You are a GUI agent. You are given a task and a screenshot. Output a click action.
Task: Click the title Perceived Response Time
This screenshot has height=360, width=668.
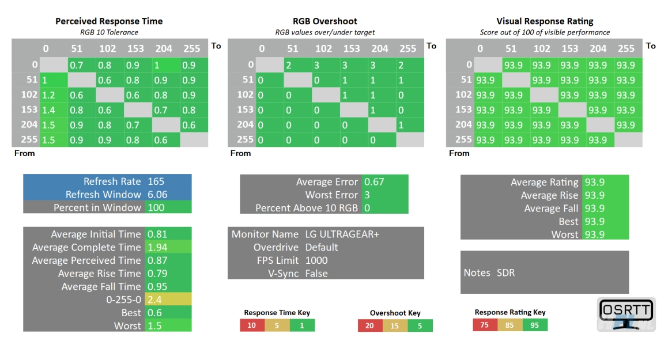(109, 21)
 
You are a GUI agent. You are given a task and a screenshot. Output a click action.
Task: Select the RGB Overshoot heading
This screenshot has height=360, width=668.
(326, 21)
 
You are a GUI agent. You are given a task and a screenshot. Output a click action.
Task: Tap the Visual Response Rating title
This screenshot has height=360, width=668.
(545, 21)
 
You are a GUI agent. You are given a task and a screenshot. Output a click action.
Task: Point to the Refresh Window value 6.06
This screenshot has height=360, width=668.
(157, 195)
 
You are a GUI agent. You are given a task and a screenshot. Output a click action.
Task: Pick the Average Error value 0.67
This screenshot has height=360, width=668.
(374, 182)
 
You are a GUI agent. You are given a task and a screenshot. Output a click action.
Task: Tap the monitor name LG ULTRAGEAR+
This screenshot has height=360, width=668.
(342, 234)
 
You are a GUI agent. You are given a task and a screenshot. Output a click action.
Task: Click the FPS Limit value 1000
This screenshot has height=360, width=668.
(317, 260)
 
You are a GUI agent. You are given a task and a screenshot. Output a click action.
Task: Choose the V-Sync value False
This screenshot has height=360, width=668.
(316, 274)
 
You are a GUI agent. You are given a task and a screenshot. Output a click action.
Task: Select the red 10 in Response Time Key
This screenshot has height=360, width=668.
(251, 325)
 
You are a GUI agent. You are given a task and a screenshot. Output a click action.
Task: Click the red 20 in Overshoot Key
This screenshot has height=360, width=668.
(369, 325)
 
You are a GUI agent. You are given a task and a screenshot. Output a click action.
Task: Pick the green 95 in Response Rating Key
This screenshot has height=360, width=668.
(535, 325)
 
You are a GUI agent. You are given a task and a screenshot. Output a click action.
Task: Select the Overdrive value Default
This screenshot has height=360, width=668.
(322, 247)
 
